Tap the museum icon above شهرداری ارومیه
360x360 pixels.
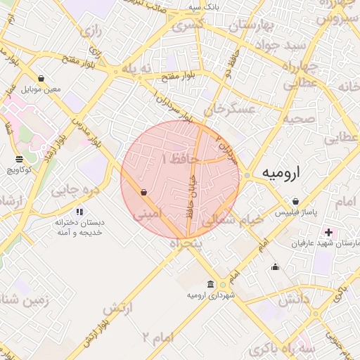point(211,284)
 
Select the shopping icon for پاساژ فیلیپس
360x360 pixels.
point(296,201)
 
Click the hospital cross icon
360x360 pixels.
point(328,232)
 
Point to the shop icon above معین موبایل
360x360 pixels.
point(41,78)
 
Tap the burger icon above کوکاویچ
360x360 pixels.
point(19,159)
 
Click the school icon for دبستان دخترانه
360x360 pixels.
point(79,211)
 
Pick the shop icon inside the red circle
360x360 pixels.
point(143,191)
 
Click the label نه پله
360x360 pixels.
point(136,68)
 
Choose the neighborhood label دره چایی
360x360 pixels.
point(70,191)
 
